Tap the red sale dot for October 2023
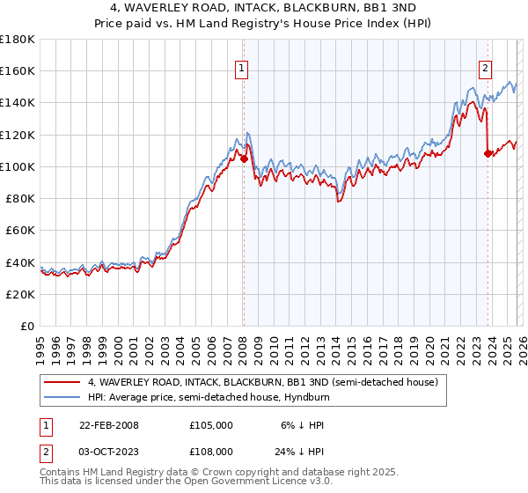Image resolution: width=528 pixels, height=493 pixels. click(488, 154)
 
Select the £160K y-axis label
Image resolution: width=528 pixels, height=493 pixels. click(18, 71)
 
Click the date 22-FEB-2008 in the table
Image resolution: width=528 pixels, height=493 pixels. click(108, 424)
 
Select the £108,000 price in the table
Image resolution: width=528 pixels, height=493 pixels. click(211, 453)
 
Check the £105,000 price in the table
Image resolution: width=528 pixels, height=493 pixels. click(211, 424)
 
